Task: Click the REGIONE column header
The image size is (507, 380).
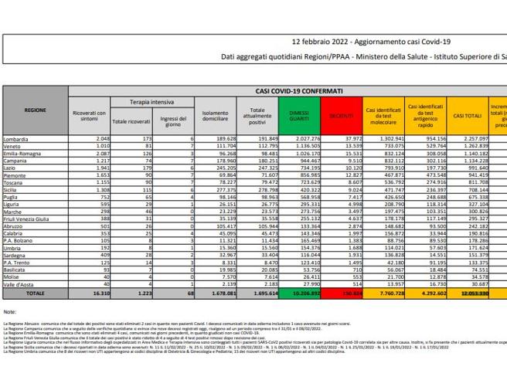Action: click(x=35, y=110)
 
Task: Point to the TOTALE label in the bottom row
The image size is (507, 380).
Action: click(x=34, y=294)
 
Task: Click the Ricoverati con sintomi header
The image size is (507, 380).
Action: click(x=87, y=116)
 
